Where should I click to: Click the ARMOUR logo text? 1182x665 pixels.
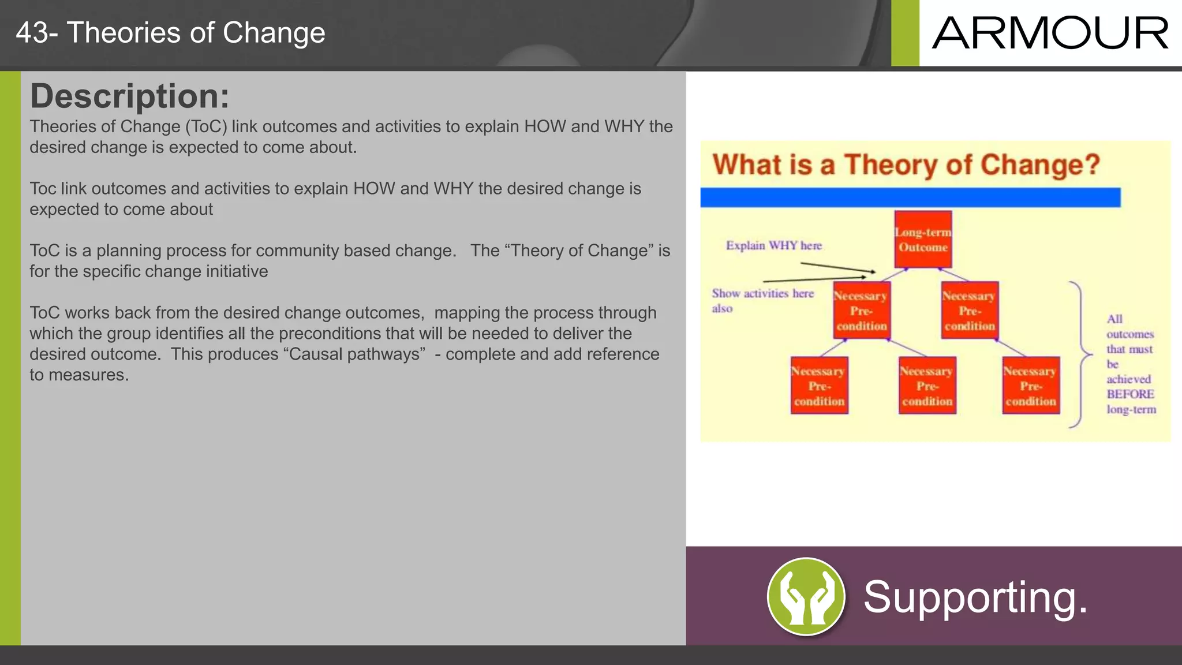point(1050,33)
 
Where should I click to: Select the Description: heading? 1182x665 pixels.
point(129,96)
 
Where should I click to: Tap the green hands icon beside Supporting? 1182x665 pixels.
point(806,596)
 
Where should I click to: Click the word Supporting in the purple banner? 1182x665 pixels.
point(975,597)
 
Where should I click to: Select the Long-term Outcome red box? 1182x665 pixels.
point(923,240)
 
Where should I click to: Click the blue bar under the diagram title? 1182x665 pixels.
point(910,197)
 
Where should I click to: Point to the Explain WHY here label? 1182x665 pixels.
point(773,245)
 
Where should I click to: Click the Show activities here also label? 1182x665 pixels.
point(762,300)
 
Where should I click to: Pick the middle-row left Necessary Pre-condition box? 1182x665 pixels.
point(861,311)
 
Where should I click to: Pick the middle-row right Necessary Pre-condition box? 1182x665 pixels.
point(969,311)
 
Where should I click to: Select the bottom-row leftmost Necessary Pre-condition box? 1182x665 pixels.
point(818,386)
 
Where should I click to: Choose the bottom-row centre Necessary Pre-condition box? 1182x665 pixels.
point(927,386)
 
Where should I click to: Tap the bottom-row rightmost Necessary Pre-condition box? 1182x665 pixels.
point(1030,386)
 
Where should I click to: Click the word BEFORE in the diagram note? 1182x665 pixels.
point(1130,394)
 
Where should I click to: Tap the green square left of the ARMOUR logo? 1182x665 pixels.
point(905,33)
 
